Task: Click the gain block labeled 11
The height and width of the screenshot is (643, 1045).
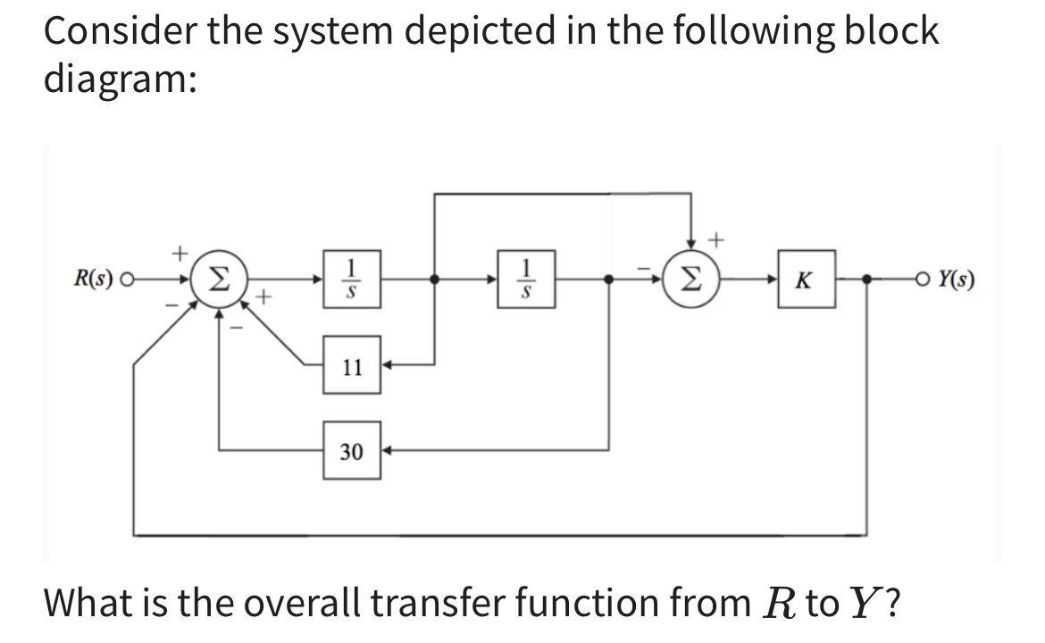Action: (352, 365)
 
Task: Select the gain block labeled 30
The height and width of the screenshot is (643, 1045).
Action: (352, 452)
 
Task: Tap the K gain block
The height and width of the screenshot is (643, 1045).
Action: (806, 280)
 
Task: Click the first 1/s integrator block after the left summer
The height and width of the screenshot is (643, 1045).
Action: (353, 280)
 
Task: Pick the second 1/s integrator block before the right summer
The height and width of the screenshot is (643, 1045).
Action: (527, 280)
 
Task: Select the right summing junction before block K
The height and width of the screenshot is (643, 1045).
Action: (692, 280)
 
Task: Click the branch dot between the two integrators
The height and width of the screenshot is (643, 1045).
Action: (434, 280)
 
